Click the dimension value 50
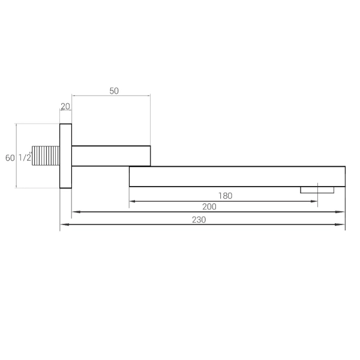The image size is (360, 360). (114, 91)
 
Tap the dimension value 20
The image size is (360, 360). (65, 106)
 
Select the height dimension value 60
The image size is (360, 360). (10, 158)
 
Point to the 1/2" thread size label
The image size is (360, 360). (25, 157)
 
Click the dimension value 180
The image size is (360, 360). (225, 196)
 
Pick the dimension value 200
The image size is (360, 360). (209, 207)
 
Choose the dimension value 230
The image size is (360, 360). (199, 220)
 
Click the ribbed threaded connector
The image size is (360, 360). (46, 155)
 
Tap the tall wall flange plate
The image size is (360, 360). (65, 156)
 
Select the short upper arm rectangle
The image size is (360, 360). (111, 156)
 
